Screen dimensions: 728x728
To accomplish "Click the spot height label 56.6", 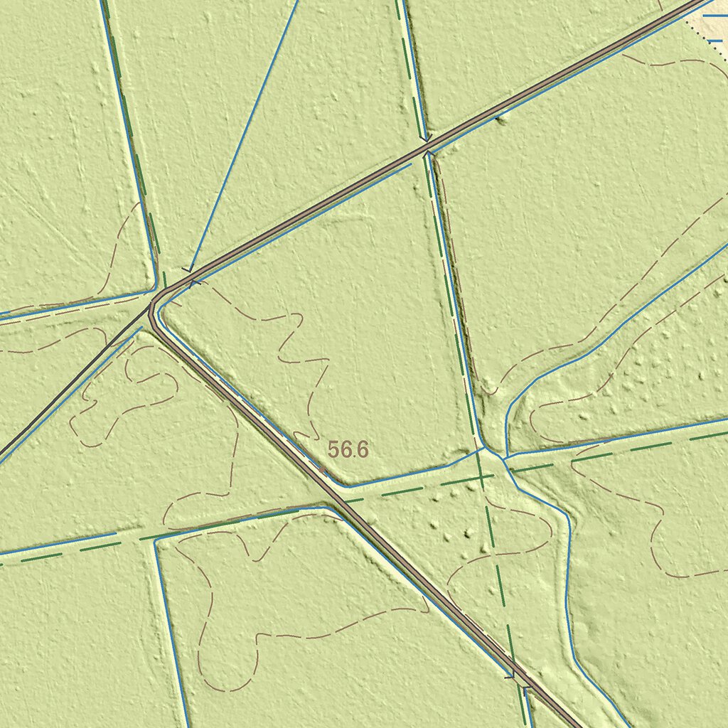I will pos(348,449).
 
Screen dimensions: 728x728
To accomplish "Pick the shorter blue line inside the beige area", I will pos(714,41).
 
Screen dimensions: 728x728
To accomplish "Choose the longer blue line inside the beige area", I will pos(714,14).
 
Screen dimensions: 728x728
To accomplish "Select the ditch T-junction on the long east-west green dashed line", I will pos(156,539).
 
